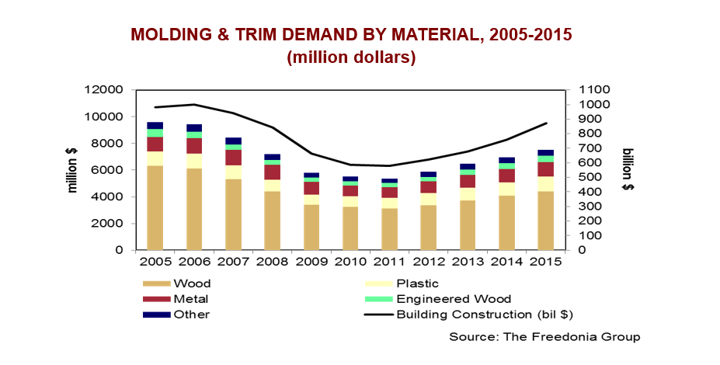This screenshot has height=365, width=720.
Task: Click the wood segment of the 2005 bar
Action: coord(155,207)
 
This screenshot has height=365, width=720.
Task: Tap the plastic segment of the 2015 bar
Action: coord(545,184)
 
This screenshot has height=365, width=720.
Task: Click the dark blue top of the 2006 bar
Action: coord(194,127)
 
